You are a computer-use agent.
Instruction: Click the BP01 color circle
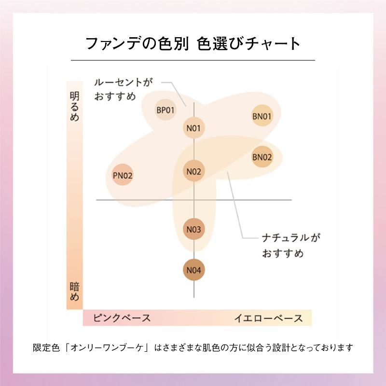pyautogui.click(x=165, y=110)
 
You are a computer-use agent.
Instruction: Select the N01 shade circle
pyautogui.click(x=193, y=128)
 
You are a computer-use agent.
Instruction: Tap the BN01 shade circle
pyautogui.click(x=262, y=116)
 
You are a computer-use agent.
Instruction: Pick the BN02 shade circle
pyautogui.click(x=262, y=157)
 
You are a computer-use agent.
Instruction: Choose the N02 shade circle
pyautogui.click(x=193, y=171)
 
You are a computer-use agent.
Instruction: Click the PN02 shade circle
pyautogui.click(x=123, y=175)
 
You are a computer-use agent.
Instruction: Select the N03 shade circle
pyautogui.click(x=193, y=229)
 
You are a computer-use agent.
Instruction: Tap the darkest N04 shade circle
pyautogui.click(x=193, y=270)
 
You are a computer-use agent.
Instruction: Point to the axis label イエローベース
pyautogui.click(x=268, y=318)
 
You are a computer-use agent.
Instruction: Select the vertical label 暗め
pyautogui.click(x=74, y=291)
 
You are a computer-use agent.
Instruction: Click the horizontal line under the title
pyautogui.click(x=193, y=60)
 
